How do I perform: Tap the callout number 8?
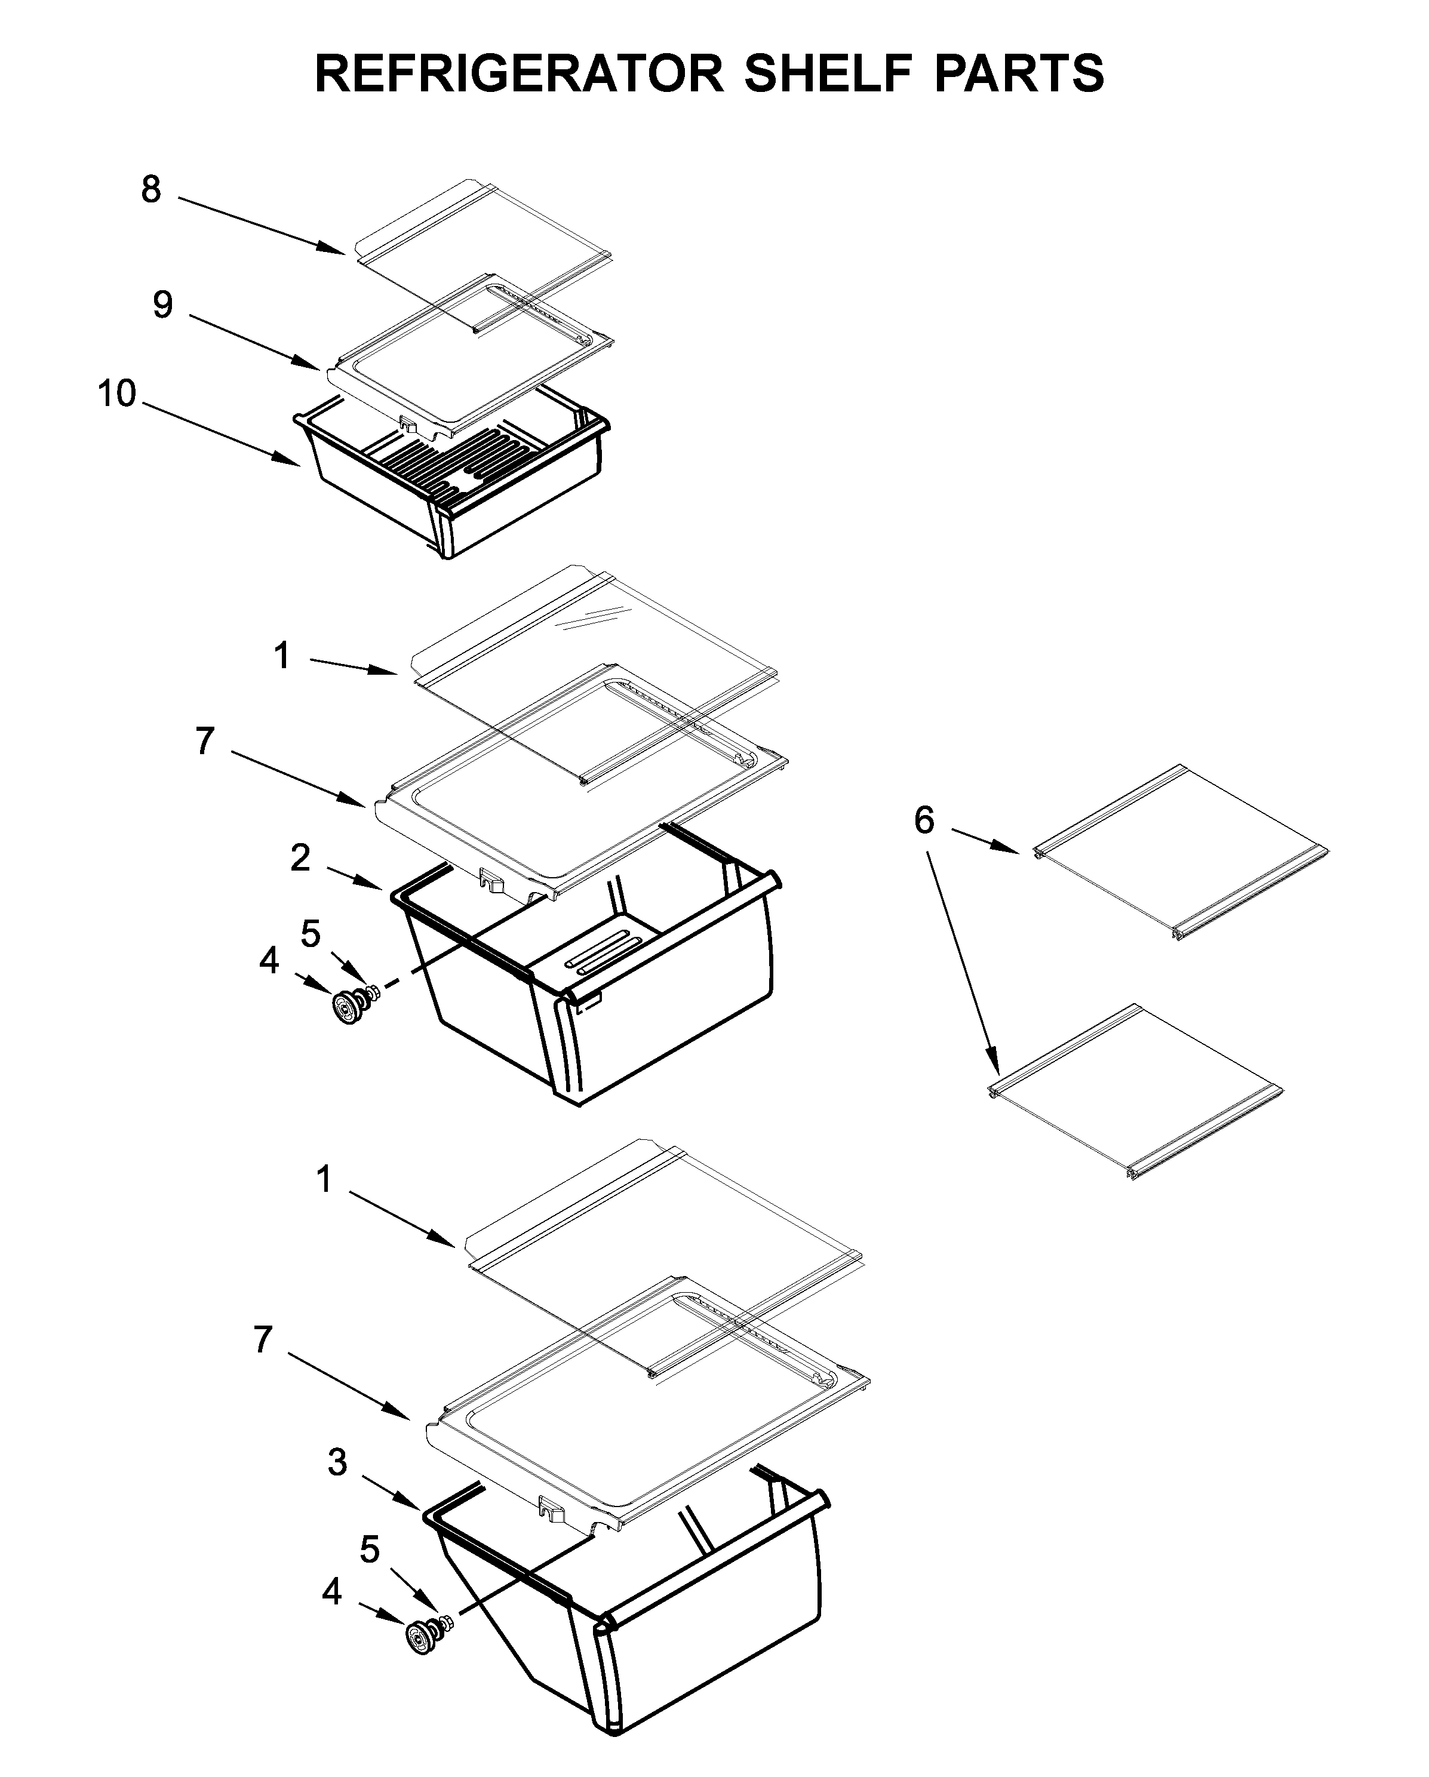click(151, 189)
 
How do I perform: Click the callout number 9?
click(163, 305)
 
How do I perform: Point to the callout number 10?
click(117, 394)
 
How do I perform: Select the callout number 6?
click(924, 820)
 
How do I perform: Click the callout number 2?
click(300, 858)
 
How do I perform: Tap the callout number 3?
click(337, 1463)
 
